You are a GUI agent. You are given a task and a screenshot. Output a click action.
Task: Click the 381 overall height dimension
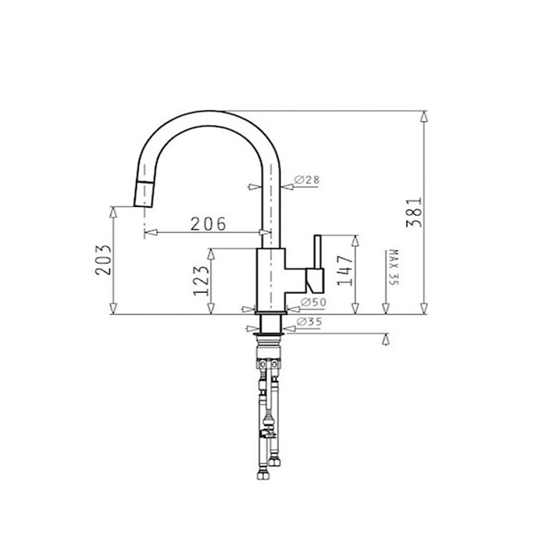[414, 213]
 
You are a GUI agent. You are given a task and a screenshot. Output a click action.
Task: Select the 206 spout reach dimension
[208, 224]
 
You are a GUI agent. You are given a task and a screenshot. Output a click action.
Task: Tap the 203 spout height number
[103, 260]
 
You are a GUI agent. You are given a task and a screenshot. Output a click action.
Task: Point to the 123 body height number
[201, 280]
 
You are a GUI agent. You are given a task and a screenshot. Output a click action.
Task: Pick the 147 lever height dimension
[345, 270]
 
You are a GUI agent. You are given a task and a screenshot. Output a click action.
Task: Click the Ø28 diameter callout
[307, 180]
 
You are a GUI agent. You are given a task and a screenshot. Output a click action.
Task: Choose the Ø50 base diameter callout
[314, 302]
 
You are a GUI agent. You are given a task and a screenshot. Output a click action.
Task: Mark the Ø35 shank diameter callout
[309, 322]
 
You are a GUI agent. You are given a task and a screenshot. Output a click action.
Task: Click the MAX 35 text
[393, 267]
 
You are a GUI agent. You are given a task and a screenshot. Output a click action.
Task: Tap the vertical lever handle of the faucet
[317, 252]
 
